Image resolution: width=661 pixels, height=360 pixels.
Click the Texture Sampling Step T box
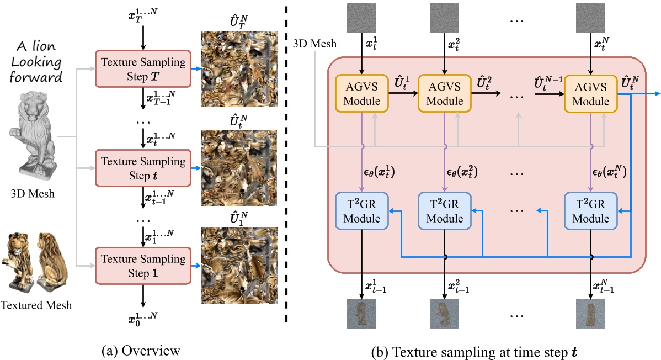(142, 68)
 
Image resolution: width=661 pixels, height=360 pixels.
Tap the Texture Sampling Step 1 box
(142, 266)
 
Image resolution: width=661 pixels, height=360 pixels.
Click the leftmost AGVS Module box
(361, 94)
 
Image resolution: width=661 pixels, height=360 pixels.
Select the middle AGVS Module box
(444, 94)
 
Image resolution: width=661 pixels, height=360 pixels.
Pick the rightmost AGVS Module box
(590, 94)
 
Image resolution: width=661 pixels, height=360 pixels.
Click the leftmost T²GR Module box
(361, 211)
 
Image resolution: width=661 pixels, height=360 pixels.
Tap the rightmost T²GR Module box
(590, 211)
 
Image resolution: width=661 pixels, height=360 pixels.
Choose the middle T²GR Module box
(444, 211)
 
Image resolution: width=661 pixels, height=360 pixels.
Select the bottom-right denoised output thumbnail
(590, 314)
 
